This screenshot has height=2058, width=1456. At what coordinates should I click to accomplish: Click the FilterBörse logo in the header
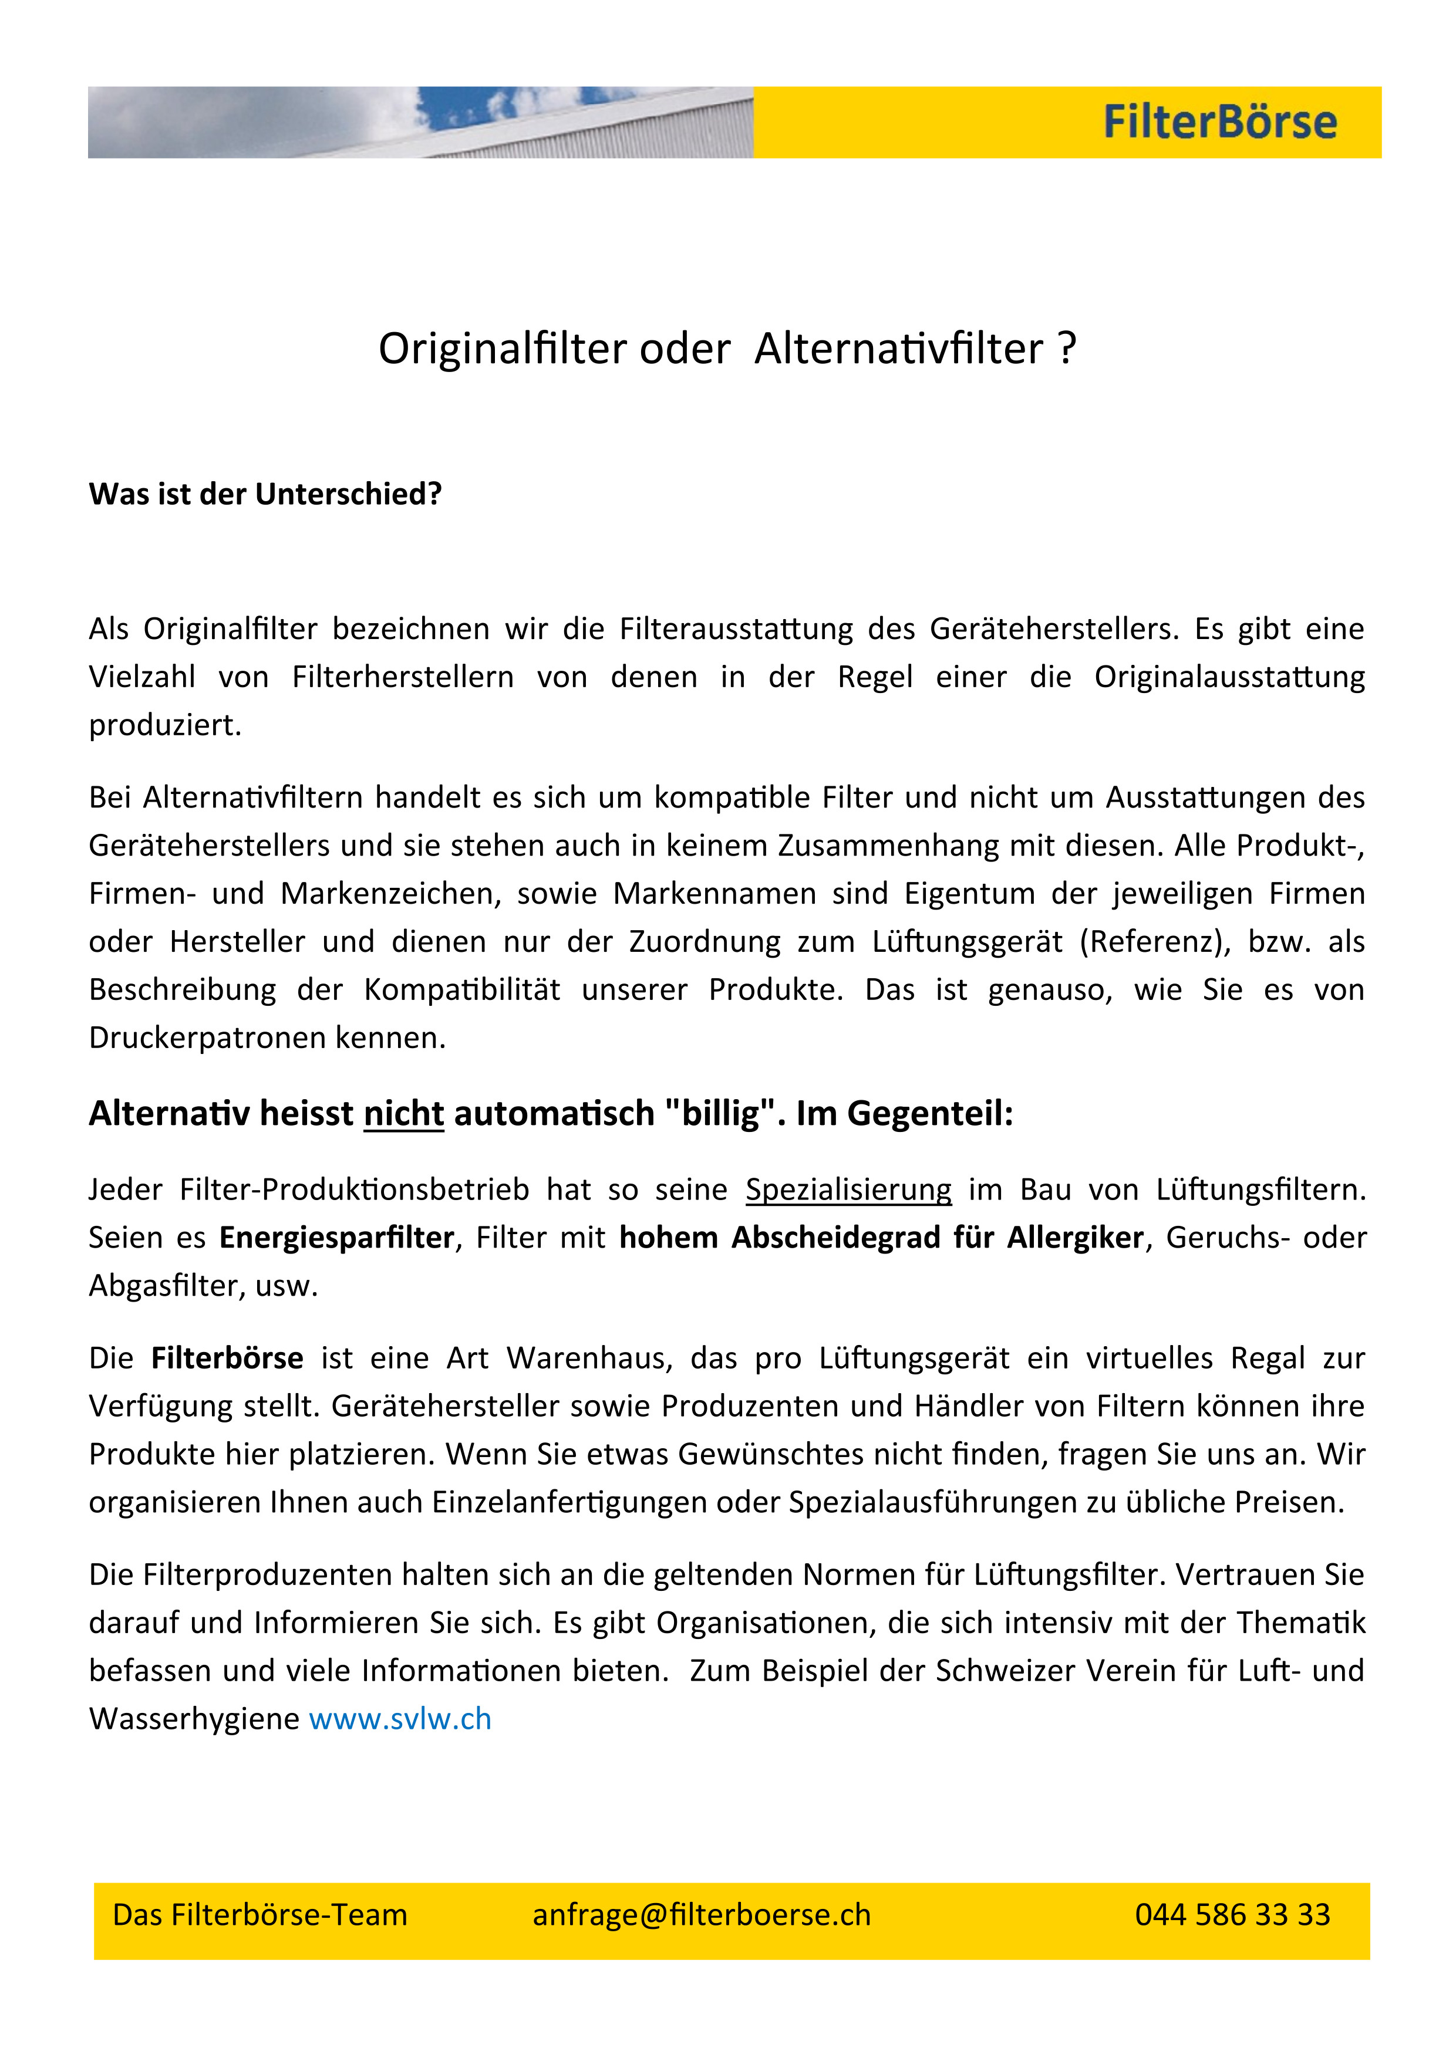(1219, 123)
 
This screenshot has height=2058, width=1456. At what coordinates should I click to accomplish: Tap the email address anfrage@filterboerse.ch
(701, 1915)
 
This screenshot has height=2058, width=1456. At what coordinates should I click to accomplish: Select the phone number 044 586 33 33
(1232, 1915)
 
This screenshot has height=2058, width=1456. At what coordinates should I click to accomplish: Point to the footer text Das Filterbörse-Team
(260, 1915)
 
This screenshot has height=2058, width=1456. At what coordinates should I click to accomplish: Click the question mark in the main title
(1066, 349)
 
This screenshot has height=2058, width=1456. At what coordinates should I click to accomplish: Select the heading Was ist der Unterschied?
(265, 494)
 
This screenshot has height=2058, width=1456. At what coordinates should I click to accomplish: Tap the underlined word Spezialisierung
(848, 1189)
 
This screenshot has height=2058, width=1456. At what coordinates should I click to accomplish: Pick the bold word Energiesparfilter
(337, 1238)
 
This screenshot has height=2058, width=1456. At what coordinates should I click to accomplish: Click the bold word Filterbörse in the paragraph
(227, 1358)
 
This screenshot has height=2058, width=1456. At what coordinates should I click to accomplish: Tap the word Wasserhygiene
(194, 1719)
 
